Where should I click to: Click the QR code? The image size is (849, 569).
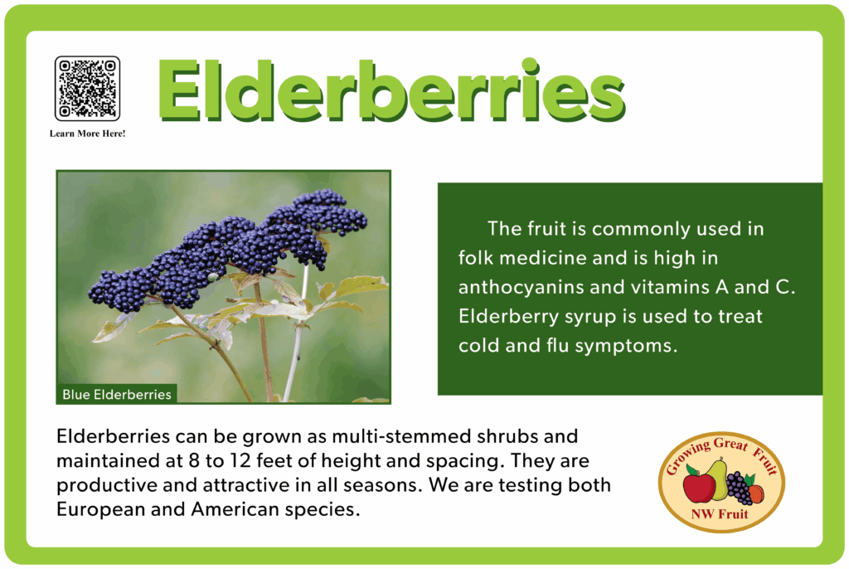click(x=87, y=88)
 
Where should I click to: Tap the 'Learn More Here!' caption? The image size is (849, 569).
click(x=87, y=134)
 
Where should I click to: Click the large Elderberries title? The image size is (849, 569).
click(x=391, y=90)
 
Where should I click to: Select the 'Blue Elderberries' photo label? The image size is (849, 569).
click(x=117, y=394)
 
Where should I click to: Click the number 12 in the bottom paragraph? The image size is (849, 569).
click(x=240, y=460)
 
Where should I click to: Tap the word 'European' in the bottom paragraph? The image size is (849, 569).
click(x=100, y=509)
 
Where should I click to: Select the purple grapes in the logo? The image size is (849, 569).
click(x=738, y=487)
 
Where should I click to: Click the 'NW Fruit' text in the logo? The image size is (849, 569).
click(x=720, y=513)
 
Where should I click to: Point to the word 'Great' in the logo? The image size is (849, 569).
click(x=731, y=444)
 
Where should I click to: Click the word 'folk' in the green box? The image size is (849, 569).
click(x=476, y=257)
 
